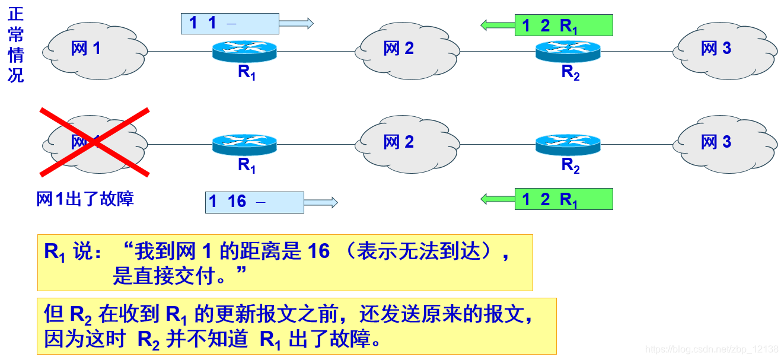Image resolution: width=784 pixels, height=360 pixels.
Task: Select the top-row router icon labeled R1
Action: click(x=245, y=51)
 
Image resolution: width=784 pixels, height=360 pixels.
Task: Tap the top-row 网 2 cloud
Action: click(x=407, y=49)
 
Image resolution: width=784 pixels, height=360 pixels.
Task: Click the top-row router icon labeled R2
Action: click(x=568, y=50)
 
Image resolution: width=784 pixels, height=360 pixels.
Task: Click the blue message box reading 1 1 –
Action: click(x=230, y=24)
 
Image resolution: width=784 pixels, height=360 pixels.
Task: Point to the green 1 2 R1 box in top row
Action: click(x=563, y=26)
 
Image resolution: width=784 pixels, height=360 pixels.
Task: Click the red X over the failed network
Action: click(x=94, y=142)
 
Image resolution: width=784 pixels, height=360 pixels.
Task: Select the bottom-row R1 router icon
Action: click(x=245, y=145)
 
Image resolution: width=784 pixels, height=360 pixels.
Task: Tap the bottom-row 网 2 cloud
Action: click(x=407, y=142)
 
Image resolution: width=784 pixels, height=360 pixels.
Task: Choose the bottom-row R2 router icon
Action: click(x=568, y=145)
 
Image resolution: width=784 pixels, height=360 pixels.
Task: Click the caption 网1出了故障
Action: click(x=85, y=199)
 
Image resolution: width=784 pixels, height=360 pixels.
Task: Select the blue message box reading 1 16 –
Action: click(x=254, y=202)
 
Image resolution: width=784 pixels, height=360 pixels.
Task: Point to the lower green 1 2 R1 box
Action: click(x=563, y=199)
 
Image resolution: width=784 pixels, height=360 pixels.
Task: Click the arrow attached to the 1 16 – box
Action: click(x=320, y=202)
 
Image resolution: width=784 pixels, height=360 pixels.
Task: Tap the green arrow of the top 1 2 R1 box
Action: click(x=497, y=25)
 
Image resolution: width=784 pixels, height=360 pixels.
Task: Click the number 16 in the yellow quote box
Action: click(x=318, y=251)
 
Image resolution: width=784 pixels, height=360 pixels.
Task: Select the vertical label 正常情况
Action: click(x=15, y=44)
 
